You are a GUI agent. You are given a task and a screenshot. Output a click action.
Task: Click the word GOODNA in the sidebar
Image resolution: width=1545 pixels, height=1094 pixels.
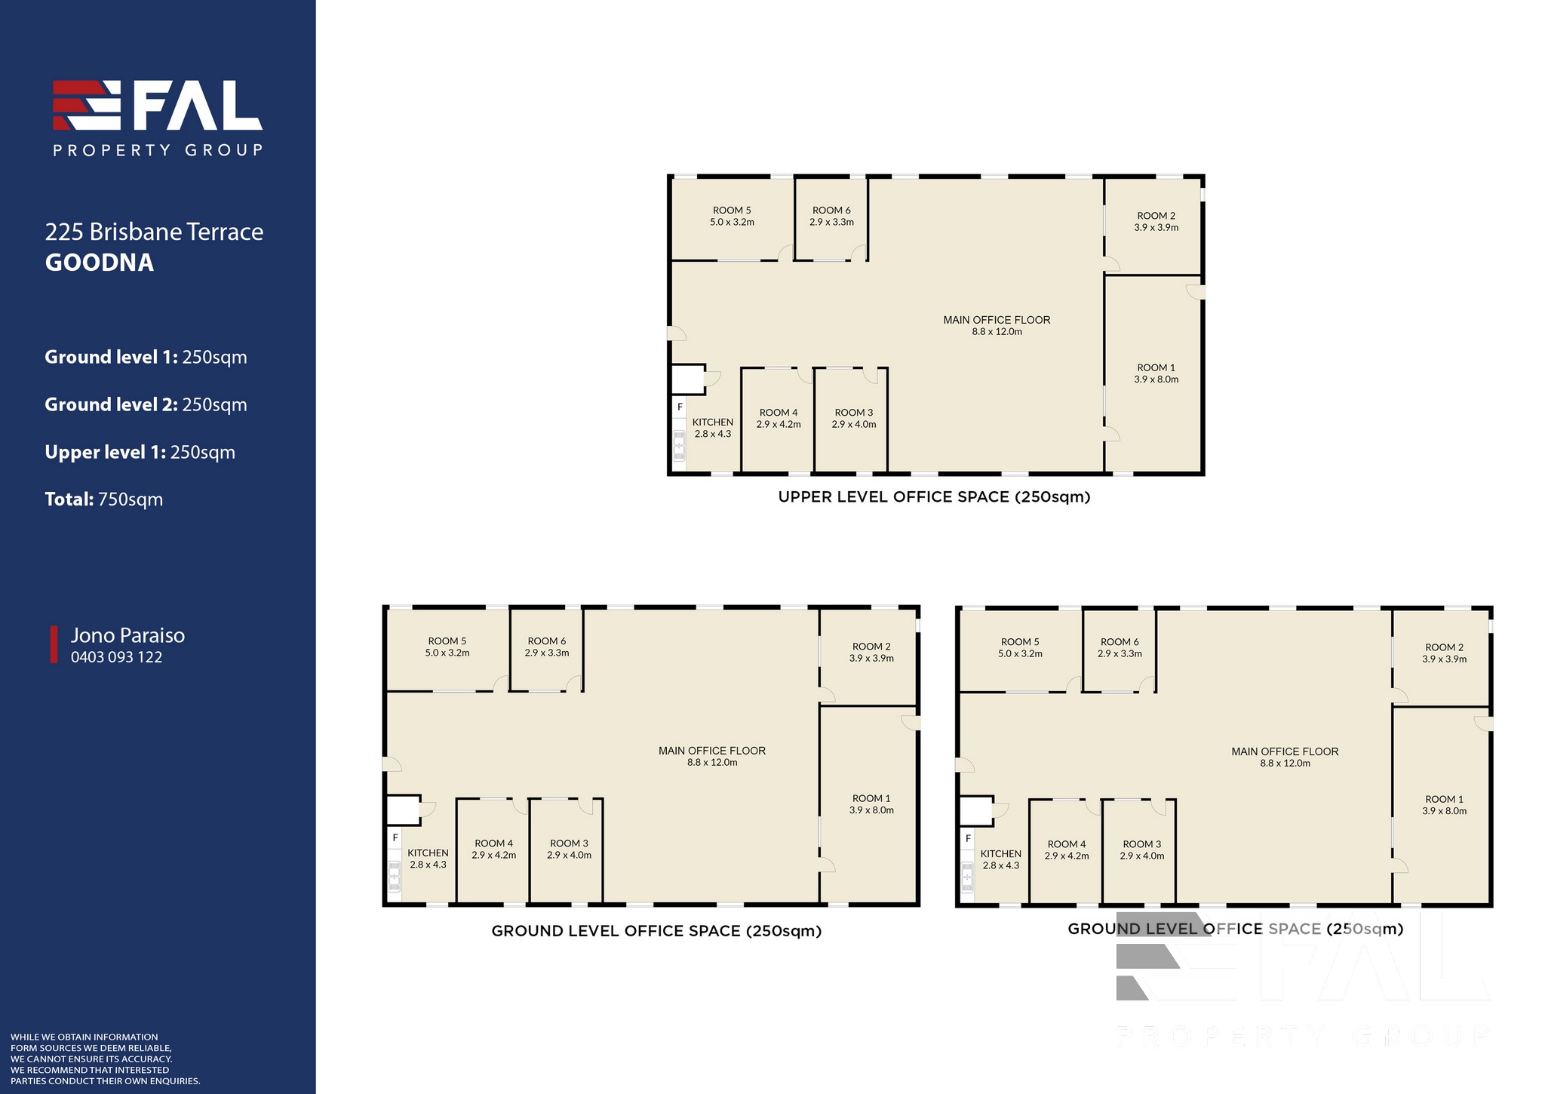[x=100, y=263]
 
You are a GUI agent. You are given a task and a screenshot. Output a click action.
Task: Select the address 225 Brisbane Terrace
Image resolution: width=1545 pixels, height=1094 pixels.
[x=155, y=232]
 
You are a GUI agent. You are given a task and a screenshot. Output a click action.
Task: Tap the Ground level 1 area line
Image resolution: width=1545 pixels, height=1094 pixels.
[x=146, y=358]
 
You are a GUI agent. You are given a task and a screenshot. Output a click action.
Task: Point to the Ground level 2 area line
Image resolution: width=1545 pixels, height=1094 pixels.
[x=146, y=405]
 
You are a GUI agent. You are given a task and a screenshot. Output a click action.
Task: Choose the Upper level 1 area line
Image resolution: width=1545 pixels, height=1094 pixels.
[x=140, y=453]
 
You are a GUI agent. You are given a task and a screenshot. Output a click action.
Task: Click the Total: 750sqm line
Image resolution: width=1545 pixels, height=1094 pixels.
[x=104, y=499]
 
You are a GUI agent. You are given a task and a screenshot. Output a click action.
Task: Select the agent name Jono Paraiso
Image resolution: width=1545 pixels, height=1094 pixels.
[x=128, y=635]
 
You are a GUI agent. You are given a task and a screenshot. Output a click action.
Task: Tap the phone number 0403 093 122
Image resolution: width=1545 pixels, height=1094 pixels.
[x=117, y=657]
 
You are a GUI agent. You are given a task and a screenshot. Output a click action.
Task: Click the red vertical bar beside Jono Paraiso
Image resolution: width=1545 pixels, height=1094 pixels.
[x=54, y=644]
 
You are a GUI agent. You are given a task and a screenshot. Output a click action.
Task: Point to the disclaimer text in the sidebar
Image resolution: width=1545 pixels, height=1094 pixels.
[x=106, y=1059]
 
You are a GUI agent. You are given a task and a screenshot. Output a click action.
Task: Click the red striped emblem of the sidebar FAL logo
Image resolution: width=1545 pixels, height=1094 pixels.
[x=87, y=105]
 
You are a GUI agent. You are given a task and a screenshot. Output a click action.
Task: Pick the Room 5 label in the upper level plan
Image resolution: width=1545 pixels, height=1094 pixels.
[x=732, y=217]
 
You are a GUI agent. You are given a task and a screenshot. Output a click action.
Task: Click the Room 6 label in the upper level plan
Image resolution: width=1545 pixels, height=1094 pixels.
[x=831, y=217]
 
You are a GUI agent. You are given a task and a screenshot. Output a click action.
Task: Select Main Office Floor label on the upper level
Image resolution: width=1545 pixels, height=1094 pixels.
[x=997, y=326]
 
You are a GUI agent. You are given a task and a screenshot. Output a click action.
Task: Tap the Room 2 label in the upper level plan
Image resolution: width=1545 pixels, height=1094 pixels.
[x=1156, y=222]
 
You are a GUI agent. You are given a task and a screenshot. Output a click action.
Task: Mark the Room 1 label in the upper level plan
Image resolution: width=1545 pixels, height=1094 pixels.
[x=1156, y=373]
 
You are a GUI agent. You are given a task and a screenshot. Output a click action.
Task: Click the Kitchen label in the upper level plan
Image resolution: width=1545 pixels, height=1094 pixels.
[x=713, y=428]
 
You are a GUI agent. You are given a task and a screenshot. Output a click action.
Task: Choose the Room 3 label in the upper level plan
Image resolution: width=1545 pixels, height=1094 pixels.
[x=854, y=418]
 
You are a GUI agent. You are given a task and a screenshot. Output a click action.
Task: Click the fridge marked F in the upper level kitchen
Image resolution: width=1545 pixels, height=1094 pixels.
[x=680, y=407]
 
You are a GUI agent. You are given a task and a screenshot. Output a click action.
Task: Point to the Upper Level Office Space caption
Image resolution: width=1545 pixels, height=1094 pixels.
[x=935, y=497]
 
